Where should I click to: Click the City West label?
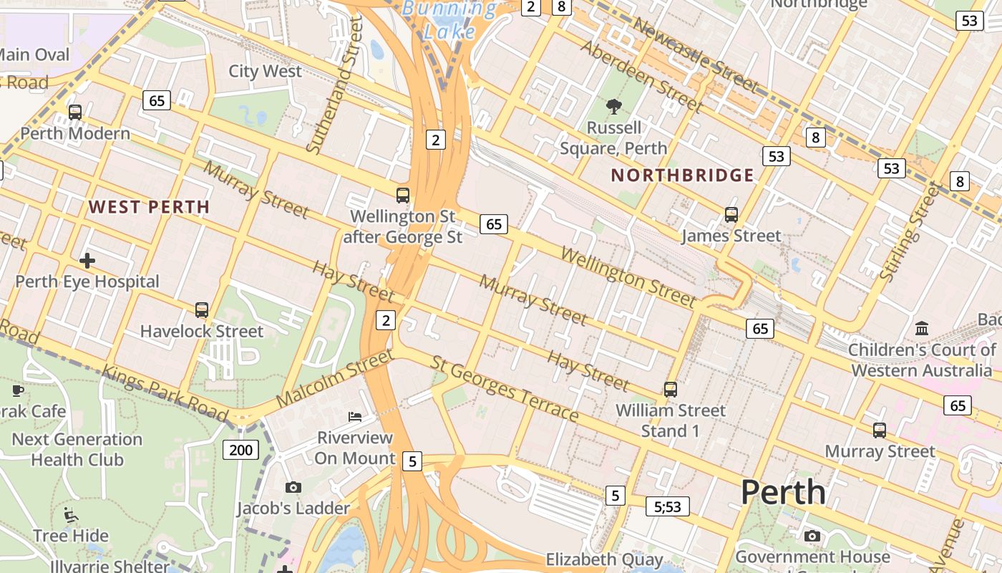tap(265, 71)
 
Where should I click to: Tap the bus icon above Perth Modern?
tap(75, 112)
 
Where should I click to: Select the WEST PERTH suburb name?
tap(149, 207)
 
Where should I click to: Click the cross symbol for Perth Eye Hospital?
tap(87, 261)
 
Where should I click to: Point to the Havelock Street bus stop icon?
tap(202, 310)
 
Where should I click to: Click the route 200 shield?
tap(241, 450)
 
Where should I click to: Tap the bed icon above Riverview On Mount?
tap(354, 417)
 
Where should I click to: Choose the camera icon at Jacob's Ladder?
tap(293, 488)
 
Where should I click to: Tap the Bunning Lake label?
tap(449, 20)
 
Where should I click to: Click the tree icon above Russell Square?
tap(613, 107)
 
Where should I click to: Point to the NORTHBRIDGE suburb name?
tap(682, 175)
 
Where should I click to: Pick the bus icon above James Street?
tap(731, 214)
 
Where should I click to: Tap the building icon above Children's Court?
tap(922, 329)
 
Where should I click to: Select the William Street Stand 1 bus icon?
tap(670, 390)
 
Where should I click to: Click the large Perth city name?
tap(783, 492)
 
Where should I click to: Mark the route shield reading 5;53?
tap(667, 507)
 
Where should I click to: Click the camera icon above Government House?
tap(812, 536)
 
